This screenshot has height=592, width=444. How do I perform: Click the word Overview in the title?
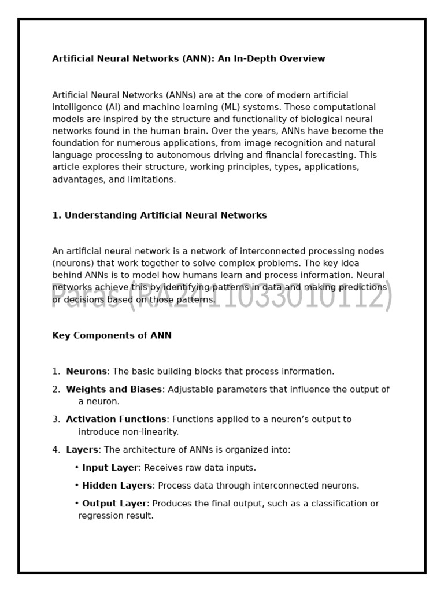pos(299,59)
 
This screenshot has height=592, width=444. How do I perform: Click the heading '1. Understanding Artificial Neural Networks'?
pos(160,216)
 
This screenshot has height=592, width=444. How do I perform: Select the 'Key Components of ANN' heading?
pos(112,336)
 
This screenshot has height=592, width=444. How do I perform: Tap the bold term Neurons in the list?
pos(87,372)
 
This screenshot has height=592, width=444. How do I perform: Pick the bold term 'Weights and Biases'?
pos(114,390)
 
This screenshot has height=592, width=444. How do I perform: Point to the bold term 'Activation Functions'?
pos(116,420)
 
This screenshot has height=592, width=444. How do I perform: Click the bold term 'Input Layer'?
pos(110,468)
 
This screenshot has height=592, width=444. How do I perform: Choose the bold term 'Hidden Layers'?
pos(117,486)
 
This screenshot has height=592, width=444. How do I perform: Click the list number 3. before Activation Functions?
pos(56,420)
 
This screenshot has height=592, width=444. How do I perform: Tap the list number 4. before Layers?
pos(56,450)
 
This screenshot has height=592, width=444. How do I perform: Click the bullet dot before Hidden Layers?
pos(77,486)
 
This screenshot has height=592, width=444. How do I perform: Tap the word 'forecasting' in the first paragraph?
pos(331,156)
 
